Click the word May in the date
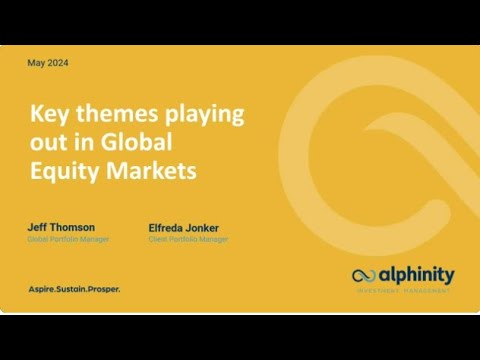pos(35,63)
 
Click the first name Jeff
pos(37,227)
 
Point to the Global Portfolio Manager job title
pos(67,239)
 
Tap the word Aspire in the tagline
pos(45,289)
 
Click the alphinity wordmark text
pos(415,275)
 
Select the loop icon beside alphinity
pos(365,276)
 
